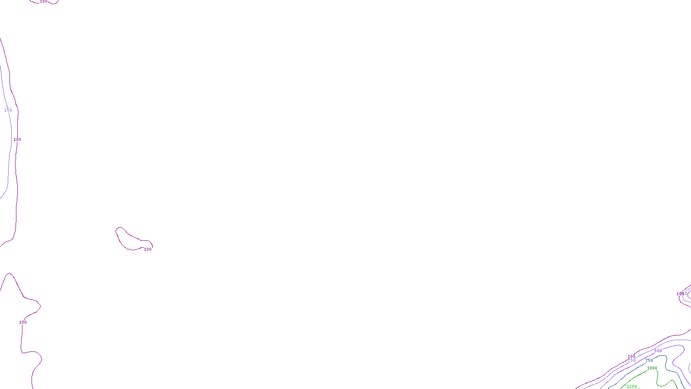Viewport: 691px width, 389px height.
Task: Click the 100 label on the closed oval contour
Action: [148, 249]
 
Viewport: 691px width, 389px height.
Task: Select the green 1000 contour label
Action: [652, 368]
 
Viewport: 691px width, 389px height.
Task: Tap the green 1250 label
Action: [631, 387]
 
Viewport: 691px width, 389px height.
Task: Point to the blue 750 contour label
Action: [649, 360]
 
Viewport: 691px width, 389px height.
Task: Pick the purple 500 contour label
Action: [658, 351]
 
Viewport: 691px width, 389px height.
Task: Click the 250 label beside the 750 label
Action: [632, 360]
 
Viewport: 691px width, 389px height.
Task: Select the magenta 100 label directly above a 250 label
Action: [631, 357]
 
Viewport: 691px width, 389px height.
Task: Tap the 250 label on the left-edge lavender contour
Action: [8, 110]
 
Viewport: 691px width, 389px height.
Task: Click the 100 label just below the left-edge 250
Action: [17, 140]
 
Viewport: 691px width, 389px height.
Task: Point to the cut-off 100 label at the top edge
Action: [44, 1]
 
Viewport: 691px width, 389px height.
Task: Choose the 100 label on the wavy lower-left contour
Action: [23, 322]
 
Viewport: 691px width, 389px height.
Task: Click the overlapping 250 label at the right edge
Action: [683, 294]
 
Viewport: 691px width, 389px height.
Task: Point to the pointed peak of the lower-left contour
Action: [9, 274]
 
